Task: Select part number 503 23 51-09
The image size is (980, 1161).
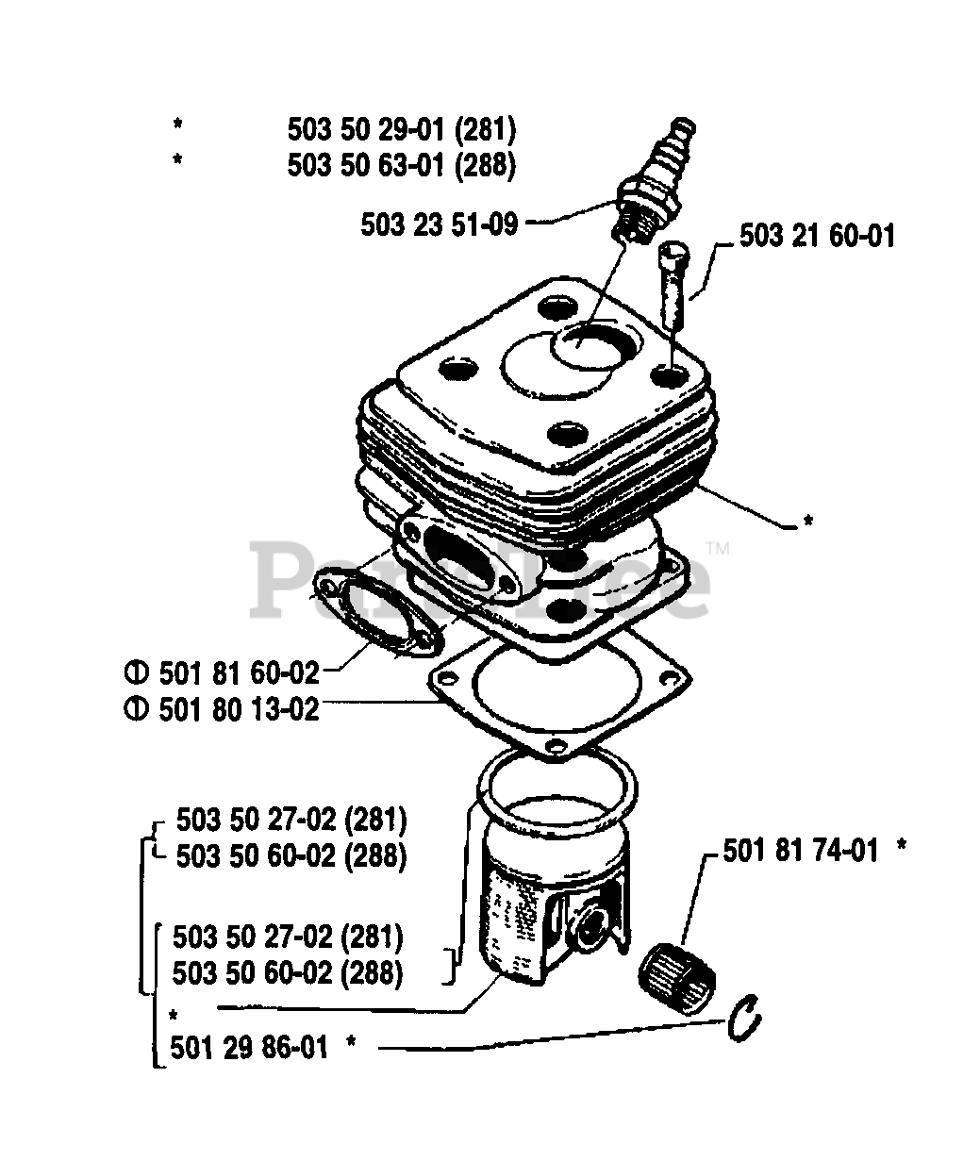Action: click(439, 225)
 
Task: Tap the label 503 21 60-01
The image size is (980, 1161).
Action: click(817, 236)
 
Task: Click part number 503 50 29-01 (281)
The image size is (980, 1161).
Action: click(402, 130)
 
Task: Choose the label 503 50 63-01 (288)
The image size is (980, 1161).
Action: click(402, 166)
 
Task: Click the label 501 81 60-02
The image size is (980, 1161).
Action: click(240, 673)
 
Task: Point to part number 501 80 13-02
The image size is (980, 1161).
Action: click(240, 710)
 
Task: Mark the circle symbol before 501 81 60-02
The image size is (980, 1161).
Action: click(137, 674)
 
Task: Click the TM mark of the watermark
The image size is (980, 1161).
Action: click(718, 549)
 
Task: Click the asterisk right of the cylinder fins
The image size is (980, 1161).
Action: click(807, 521)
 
